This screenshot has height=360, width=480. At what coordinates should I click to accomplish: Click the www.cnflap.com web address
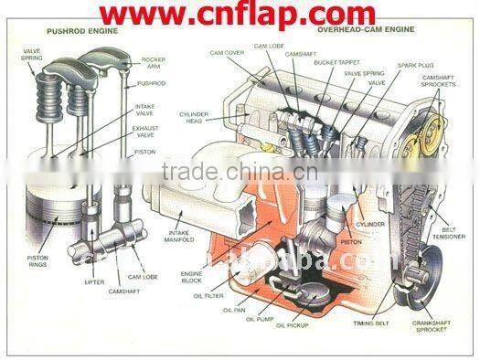[240, 16]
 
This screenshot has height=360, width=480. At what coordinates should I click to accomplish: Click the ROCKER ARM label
[154, 63]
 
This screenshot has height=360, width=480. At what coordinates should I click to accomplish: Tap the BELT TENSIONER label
[448, 236]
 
